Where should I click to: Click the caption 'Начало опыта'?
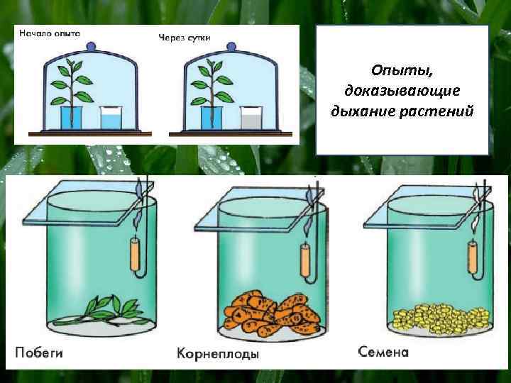pyautogui.click(x=49, y=33)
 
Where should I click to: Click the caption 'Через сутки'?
pyautogui.click(x=184, y=37)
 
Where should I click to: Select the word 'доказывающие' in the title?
pyautogui.click(x=402, y=91)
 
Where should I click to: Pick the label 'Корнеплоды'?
pyautogui.click(x=218, y=353)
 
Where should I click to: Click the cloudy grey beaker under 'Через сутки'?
pyautogui.click(x=251, y=118)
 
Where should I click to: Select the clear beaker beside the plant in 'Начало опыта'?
pyautogui.click(x=111, y=118)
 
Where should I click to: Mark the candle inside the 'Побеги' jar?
pyautogui.click(x=136, y=255)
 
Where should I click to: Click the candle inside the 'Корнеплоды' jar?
pyautogui.click(x=306, y=260)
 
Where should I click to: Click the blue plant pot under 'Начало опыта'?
pyautogui.click(x=71, y=118)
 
